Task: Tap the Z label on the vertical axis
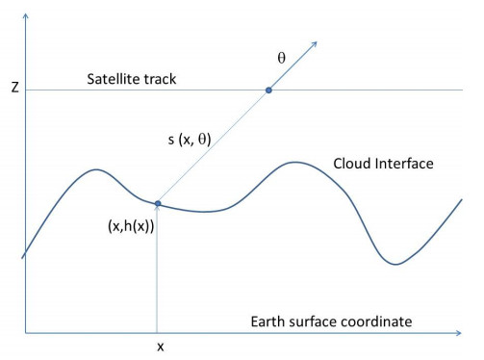pyautogui.click(x=13, y=89)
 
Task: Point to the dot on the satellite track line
pyautogui.click(x=268, y=90)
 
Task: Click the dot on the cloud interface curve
pyautogui.click(x=157, y=202)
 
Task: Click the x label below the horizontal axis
pyautogui.click(x=157, y=345)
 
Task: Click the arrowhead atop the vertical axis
pyautogui.click(x=26, y=10)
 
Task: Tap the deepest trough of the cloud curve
pyautogui.click(x=395, y=263)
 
